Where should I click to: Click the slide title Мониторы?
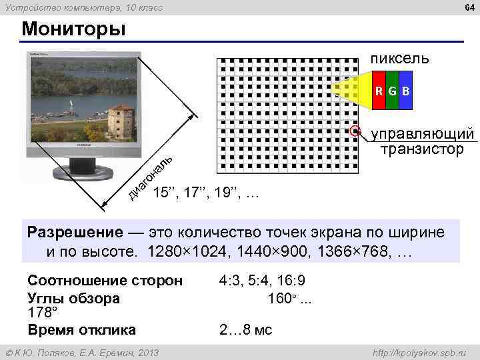click(x=73, y=30)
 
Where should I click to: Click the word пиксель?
click(x=400, y=59)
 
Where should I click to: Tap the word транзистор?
click(x=421, y=149)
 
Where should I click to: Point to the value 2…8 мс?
click(x=245, y=330)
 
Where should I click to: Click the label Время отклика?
click(x=82, y=329)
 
